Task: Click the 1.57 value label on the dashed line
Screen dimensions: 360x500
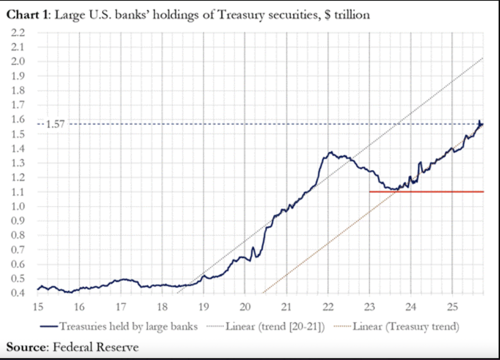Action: [55, 124]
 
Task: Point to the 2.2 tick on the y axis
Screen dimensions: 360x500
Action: [18, 32]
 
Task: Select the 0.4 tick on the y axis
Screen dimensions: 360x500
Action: [18, 293]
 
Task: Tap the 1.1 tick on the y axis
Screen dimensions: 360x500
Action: [18, 192]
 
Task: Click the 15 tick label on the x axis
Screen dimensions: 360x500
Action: [38, 307]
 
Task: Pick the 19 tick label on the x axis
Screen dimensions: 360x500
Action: [204, 307]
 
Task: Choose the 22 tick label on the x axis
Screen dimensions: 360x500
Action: [328, 307]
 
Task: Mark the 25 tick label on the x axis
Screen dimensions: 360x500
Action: [452, 307]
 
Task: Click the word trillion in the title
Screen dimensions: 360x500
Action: [352, 14]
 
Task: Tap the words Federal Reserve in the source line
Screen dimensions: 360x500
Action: [96, 347]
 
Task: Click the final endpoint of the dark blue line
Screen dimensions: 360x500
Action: [482, 124]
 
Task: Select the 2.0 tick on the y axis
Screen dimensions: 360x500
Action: [18, 61]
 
